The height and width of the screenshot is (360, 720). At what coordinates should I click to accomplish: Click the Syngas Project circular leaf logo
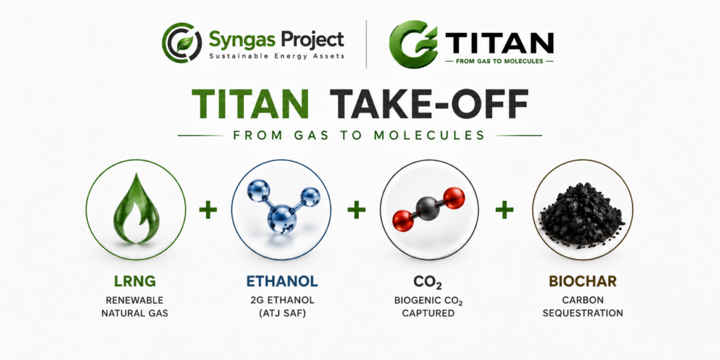pos(181,43)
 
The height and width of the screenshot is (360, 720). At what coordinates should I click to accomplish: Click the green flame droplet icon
pos(136,208)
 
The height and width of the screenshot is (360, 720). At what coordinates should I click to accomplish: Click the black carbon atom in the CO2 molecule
pos(428,208)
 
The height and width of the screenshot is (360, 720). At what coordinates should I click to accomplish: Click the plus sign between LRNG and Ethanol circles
pos(208,210)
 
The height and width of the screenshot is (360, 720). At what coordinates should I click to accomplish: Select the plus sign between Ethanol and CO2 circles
pos(356,210)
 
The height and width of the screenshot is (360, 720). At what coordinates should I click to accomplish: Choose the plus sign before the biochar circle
pos(504,210)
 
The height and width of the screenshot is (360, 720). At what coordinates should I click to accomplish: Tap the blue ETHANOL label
pos(281,281)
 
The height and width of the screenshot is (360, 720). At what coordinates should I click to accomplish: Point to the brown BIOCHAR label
pos(583,281)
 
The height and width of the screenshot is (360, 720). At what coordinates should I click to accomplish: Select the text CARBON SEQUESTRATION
pos(583,307)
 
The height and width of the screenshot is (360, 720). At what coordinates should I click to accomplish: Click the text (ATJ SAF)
pos(281,313)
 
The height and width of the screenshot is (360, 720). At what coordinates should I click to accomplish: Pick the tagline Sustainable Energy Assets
pos(277,56)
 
